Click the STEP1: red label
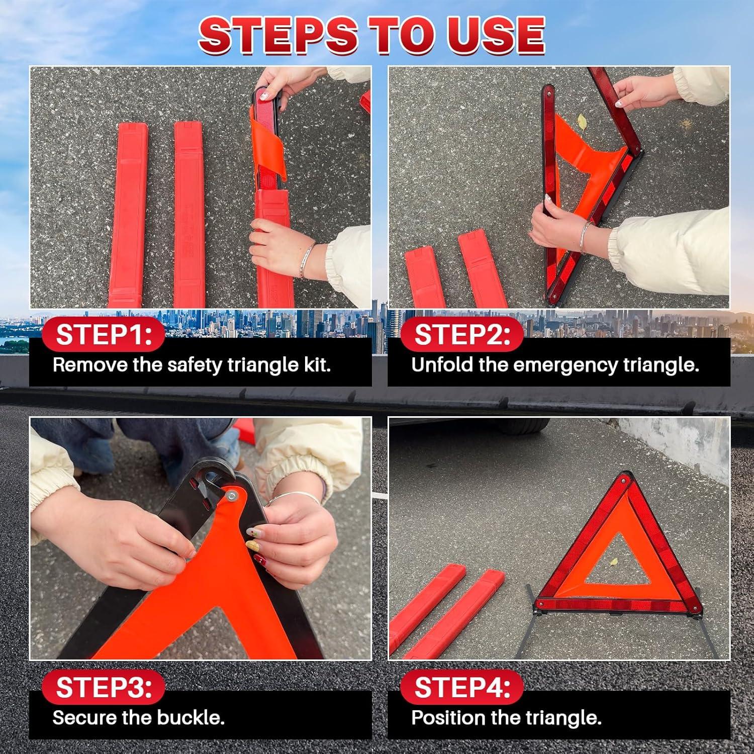(x=103, y=334)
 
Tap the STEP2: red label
(x=461, y=334)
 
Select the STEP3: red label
(x=103, y=687)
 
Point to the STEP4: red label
(x=461, y=687)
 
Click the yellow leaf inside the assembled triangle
(x=613, y=561)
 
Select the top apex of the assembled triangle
(x=625, y=477)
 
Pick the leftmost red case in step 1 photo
(x=128, y=216)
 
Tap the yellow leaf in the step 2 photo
(x=582, y=121)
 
